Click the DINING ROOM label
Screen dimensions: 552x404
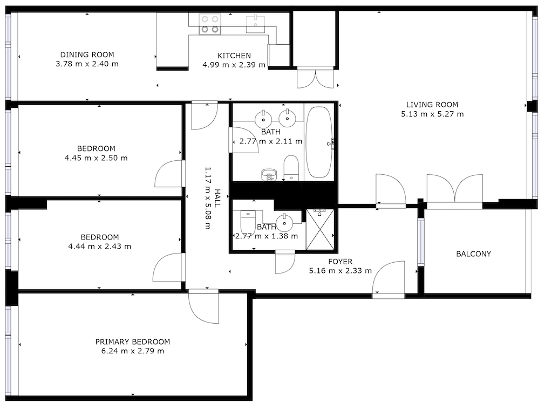click(x=87, y=54)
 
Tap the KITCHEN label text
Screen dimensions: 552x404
click(x=234, y=56)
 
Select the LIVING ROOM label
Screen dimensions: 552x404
click(x=432, y=105)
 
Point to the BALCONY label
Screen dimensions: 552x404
click(x=474, y=254)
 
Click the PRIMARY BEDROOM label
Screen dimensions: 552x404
click(x=133, y=342)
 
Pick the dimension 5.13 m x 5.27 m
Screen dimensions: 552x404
click(x=432, y=114)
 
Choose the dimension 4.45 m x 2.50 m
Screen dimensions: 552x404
click(x=96, y=158)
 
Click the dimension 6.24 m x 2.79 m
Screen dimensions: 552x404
click(x=133, y=351)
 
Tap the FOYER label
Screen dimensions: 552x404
click(x=340, y=262)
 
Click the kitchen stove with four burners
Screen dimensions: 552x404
click(x=210, y=24)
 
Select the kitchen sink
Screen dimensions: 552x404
click(x=255, y=24)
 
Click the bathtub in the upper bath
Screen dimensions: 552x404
click(x=318, y=142)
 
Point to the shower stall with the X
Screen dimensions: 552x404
click(x=319, y=229)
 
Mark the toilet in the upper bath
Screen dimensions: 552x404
click(x=291, y=168)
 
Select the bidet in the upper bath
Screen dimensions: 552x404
click(x=269, y=175)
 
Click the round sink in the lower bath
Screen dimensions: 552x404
click(x=284, y=222)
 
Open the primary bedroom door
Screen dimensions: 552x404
click(x=203, y=306)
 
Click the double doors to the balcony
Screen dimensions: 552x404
click(x=454, y=190)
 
